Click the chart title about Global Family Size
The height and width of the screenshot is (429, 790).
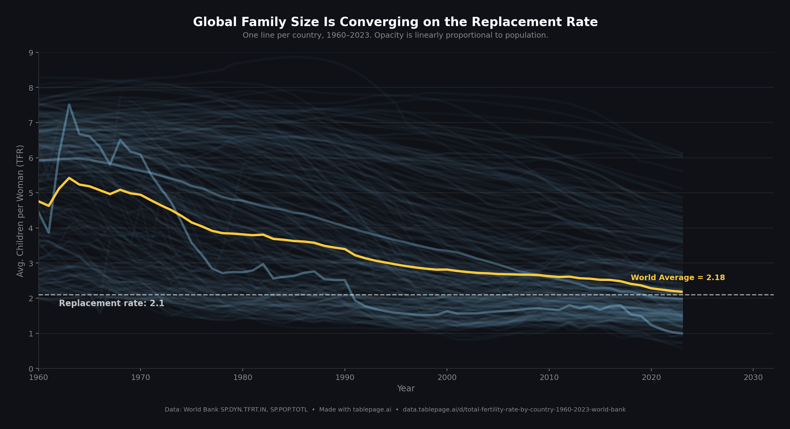pyautogui.click(x=395, y=22)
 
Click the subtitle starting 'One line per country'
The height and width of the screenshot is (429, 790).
pyautogui.click(x=395, y=35)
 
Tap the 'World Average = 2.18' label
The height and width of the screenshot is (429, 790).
pyautogui.click(x=677, y=278)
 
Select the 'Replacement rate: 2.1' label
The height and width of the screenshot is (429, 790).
pyautogui.click(x=111, y=303)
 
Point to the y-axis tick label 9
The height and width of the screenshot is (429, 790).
pyautogui.click(x=31, y=53)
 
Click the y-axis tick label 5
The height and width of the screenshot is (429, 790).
pyautogui.click(x=31, y=193)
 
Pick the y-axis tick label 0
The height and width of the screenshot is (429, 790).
pyautogui.click(x=31, y=369)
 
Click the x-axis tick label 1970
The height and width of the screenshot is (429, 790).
pyautogui.click(x=141, y=378)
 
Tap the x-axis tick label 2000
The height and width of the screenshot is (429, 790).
pyautogui.click(x=447, y=378)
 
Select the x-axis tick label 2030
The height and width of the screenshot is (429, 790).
pyautogui.click(x=753, y=378)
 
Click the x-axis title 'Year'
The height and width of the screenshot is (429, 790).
pyautogui.click(x=406, y=389)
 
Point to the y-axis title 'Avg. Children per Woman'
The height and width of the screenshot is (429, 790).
pyautogui.click(x=20, y=211)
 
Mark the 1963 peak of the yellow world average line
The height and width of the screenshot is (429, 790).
pyautogui.click(x=69, y=178)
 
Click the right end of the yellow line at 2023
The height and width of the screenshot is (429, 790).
pyautogui.click(x=682, y=292)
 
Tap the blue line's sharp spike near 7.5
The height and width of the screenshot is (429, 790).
pyautogui.click(x=69, y=104)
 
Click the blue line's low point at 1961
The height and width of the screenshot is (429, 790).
pyautogui.click(x=49, y=233)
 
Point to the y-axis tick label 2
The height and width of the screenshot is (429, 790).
pyautogui.click(x=31, y=298)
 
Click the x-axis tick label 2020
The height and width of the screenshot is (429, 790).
pyautogui.click(x=651, y=378)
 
